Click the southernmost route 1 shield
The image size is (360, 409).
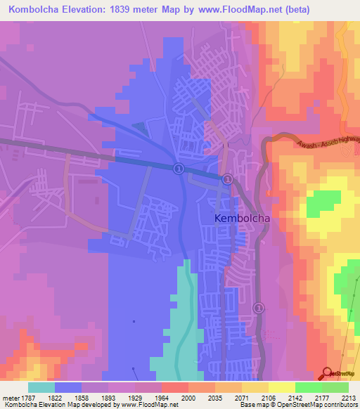pos(258,308)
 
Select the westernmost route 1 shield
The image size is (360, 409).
pos(179,168)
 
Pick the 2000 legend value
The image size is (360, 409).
pos(188,397)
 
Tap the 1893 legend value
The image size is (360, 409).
pos(108,397)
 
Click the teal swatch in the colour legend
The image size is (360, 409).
pos(41,387)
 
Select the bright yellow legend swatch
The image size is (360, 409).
pos(281,387)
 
